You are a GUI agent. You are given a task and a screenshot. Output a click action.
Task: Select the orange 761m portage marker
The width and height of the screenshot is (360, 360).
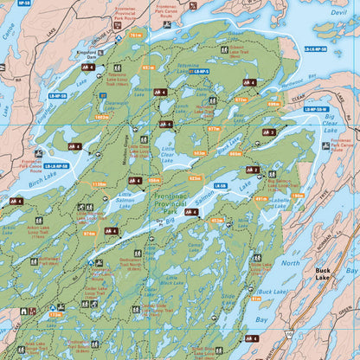point(134,35)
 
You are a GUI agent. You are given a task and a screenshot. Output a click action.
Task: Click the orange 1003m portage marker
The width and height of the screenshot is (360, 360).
point(102,117)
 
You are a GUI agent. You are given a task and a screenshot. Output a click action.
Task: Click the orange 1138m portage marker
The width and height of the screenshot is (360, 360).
point(99,184)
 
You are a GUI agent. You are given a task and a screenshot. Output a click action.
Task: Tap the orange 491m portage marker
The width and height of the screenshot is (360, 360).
point(260,200)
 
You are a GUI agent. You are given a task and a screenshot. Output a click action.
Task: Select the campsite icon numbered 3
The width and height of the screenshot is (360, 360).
point(268,132)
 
